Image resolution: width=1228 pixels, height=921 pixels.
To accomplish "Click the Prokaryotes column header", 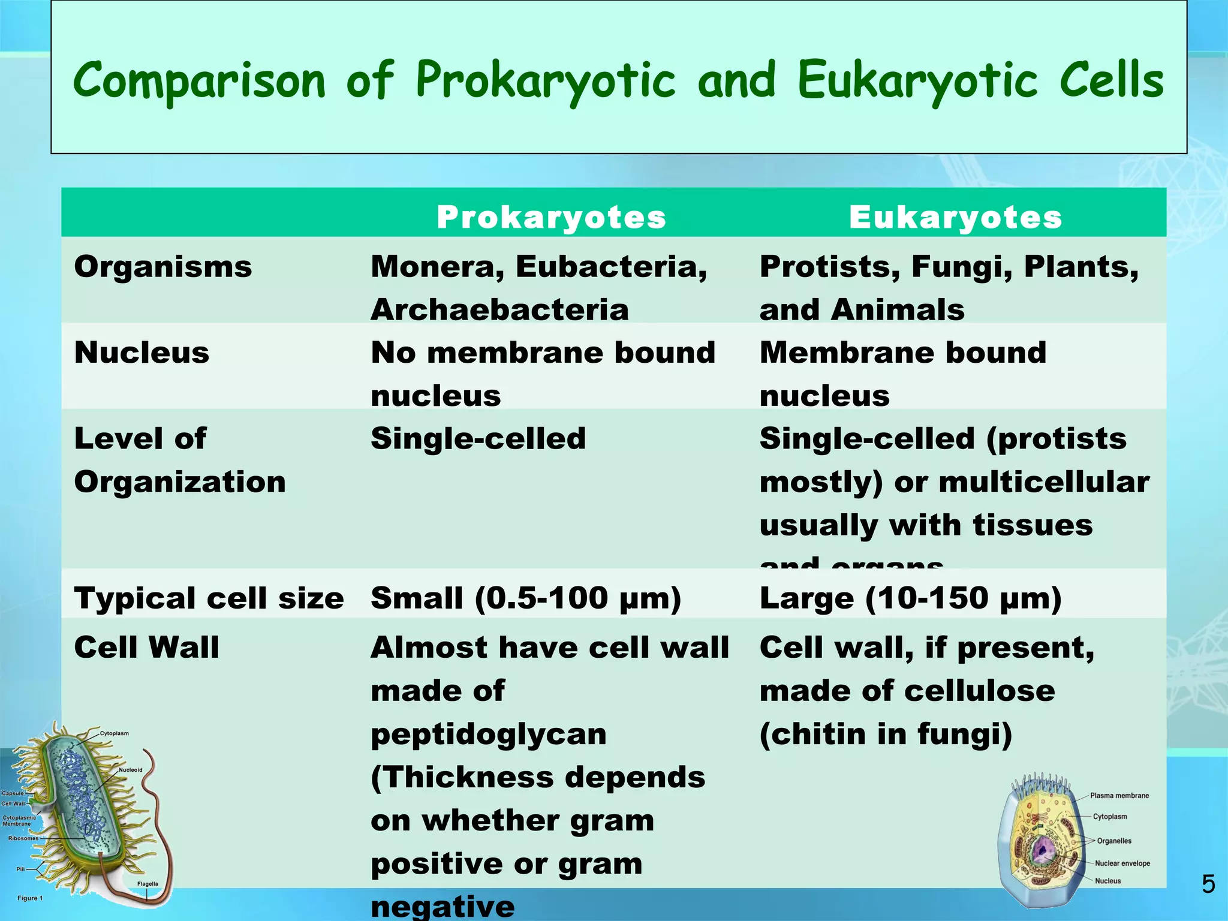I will point(551,217).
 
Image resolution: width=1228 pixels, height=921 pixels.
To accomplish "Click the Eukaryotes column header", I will point(955,217).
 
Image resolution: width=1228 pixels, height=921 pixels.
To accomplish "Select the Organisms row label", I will point(163,266).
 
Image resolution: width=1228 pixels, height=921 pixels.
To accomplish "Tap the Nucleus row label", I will point(142,353).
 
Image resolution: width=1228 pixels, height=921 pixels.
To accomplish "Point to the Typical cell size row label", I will point(209,598).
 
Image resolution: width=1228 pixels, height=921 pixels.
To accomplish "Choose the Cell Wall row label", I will point(147,648).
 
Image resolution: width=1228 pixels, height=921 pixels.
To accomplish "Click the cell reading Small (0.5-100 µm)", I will point(526,598).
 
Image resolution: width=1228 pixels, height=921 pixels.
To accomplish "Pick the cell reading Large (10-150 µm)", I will point(910,598).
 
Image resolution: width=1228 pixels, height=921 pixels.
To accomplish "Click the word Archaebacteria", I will point(499,310).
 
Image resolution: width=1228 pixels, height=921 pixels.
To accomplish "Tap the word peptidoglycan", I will point(489,735).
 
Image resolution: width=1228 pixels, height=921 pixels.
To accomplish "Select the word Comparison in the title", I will point(199,81).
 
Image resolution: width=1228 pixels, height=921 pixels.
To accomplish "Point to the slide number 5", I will point(1208,884).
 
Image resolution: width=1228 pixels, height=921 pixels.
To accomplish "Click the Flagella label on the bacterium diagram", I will point(148,884).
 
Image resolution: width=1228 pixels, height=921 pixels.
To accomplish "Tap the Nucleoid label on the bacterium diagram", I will point(131,770).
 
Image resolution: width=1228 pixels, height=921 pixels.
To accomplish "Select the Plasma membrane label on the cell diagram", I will point(1119,796).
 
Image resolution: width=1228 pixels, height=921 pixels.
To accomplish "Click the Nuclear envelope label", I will point(1122,863).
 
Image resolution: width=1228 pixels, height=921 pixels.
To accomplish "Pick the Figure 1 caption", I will point(30,898).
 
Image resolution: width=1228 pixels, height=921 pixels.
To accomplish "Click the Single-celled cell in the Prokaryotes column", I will point(478,439).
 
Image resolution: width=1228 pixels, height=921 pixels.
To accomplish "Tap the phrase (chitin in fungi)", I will point(886,735).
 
